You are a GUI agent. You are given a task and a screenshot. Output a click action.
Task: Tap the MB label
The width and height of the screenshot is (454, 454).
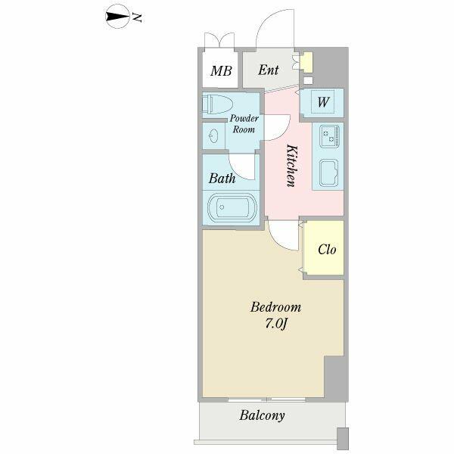pyautogui.click(x=221, y=72)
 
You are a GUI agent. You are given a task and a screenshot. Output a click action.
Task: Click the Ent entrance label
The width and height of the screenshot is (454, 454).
pyautogui.click(x=269, y=70)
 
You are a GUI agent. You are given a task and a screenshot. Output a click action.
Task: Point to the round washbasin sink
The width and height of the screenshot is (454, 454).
pyautogui.click(x=213, y=137)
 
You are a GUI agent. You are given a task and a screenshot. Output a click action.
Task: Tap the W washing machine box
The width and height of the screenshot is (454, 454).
pyautogui.click(x=322, y=102)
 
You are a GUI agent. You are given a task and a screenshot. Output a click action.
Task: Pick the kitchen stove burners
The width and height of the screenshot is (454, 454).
pyautogui.click(x=329, y=137)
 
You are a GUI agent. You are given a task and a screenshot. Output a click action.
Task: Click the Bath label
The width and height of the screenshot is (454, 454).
pyautogui.click(x=222, y=179)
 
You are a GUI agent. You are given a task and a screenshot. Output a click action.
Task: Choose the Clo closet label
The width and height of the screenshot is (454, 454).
pyautogui.click(x=327, y=250)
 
